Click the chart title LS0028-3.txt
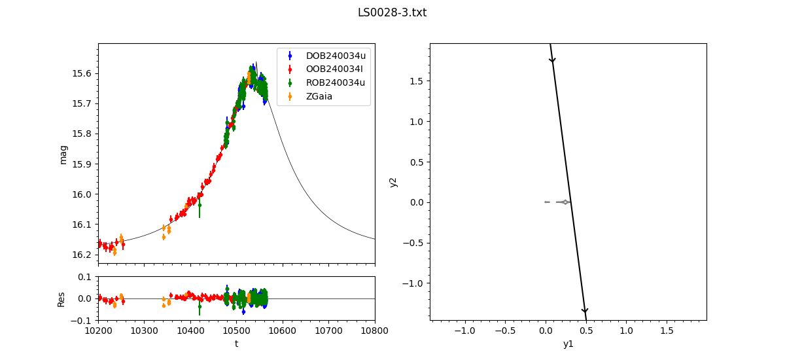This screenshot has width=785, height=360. coord(392,12)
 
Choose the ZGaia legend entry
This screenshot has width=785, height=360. coord(320,96)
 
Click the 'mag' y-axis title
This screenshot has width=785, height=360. coord(63,154)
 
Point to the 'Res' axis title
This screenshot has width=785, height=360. coord(61,298)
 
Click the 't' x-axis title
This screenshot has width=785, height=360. coord(236,344)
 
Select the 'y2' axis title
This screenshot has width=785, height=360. coord(393,182)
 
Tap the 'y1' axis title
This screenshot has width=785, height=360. coord(568,344)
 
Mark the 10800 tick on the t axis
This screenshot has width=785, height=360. coord(375,332)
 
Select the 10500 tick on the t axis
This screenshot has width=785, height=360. coord(237,332)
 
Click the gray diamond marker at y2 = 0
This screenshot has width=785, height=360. coord(565,202)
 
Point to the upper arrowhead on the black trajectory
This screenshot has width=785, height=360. coord(552,60)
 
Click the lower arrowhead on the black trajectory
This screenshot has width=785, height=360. coord(585,311)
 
